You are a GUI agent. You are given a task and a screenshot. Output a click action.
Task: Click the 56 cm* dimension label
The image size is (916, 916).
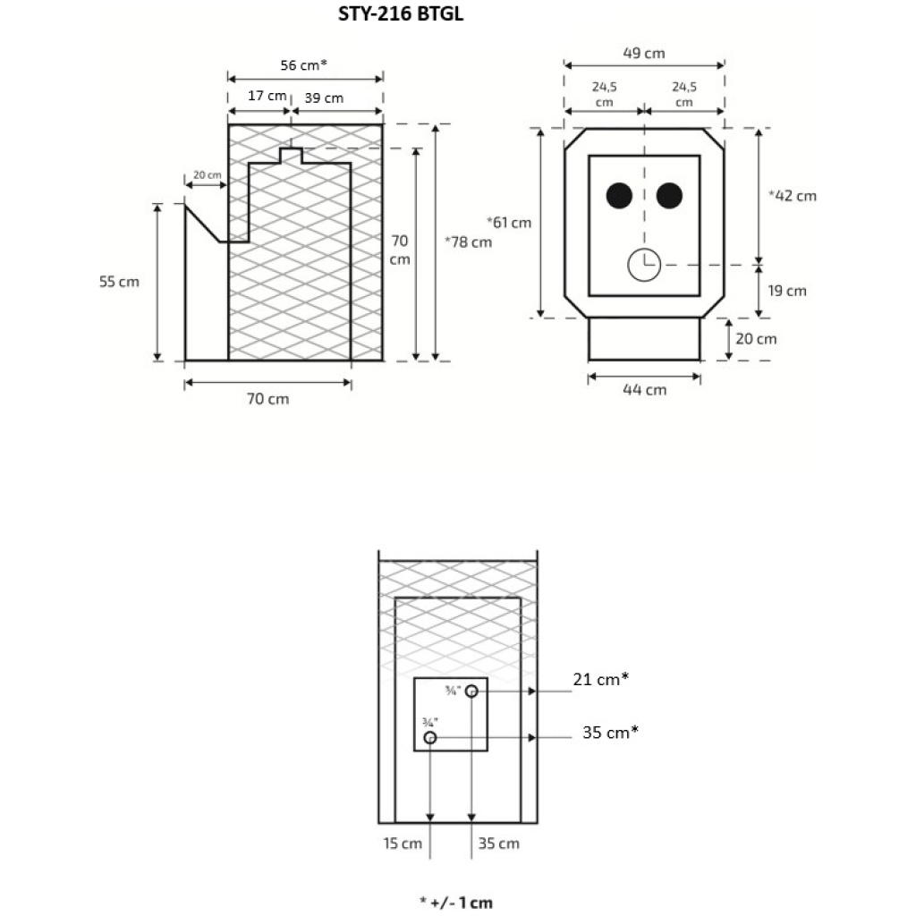pyautogui.click(x=304, y=64)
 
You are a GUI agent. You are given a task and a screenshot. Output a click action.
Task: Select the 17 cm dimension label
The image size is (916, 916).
pyautogui.click(x=267, y=97)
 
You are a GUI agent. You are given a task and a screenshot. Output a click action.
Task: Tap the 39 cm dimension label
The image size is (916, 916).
pyautogui.click(x=324, y=97)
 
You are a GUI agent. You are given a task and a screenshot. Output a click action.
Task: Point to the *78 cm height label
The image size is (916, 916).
pyautogui.click(x=468, y=242)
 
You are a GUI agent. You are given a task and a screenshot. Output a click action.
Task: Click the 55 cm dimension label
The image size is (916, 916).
pyautogui.click(x=119, y=282)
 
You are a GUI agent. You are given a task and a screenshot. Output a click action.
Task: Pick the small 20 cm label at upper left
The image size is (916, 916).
pyautogui.click(x=207, y=175)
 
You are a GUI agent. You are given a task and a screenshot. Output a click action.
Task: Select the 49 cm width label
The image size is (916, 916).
pyautogui.click(x=644, y=53)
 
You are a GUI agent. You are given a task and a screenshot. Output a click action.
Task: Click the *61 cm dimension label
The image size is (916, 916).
pyautogui.click(x=509, y=222)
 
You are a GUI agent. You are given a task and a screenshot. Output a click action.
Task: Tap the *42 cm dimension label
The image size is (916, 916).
pyautogui.click(x=793, y=196)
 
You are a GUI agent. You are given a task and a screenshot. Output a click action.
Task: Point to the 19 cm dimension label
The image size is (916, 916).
pyautogui.click(x=787, y=291)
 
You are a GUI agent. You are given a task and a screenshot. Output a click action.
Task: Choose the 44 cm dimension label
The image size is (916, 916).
pyautogui.click(x=644, y=389)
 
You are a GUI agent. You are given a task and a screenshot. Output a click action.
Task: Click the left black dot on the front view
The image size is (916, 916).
pyautogui.click(x=619, y=195)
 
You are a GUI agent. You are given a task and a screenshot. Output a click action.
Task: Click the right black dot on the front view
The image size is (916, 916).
pyautogui.click(x=670, y=195)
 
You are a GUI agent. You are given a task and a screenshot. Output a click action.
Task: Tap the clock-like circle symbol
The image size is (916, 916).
pyautogui.click(x=644, y=265)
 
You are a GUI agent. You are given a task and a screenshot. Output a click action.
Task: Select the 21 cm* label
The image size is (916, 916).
pyautogui.click(x=601, y=680)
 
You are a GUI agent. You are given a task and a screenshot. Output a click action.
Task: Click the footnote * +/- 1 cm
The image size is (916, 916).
pyautogui.click(x=455, y=902)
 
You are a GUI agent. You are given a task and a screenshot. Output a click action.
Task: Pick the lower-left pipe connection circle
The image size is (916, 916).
pyautogui.click(x=430, y=738)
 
